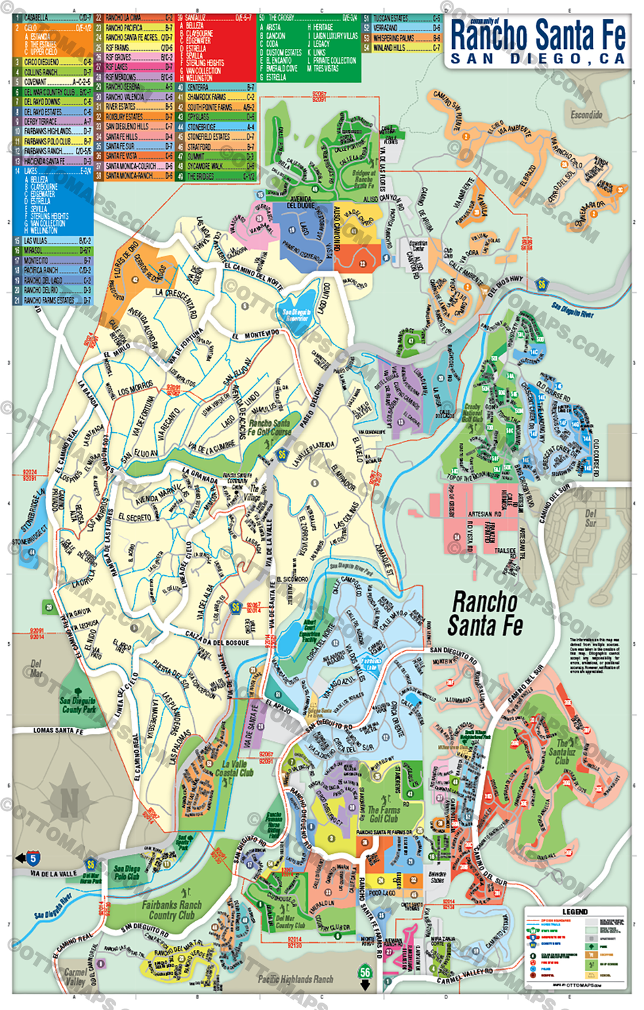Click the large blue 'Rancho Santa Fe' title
pos(538,35)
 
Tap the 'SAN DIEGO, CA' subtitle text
pos(538,60)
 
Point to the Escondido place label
pos(586,115)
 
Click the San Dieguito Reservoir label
pos(296,315)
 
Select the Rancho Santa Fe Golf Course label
pos(269,427)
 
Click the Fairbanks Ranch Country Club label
pos(172,910)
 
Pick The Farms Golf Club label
pos(384,814)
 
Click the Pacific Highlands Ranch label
pos(296,979)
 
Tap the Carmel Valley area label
pos(75,976)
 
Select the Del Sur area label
pos(590,518)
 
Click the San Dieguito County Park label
pos(79,705)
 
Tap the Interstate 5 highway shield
pos(33,859)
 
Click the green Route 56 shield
pos(365,972)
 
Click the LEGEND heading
pos(575,912)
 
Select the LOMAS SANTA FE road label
pos(58,731)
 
